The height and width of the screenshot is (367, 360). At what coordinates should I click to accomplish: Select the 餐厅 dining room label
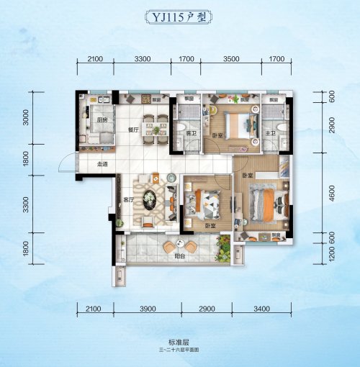pyautogui.click(x=132, y=131)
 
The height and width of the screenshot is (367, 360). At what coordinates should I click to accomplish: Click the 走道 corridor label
pyautogui.click(x=102, y=164)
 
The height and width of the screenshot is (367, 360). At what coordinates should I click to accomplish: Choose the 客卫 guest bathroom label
pyautogui.click(x=192, y=134)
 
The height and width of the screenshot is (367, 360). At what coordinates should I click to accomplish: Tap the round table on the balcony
pyautogui.click(x=170, y=246)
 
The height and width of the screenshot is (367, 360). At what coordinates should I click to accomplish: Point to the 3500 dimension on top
pyautogui.click(x=231, y=58)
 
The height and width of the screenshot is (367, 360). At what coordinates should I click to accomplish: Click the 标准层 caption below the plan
pyautogui.click(x=179, y=342)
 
